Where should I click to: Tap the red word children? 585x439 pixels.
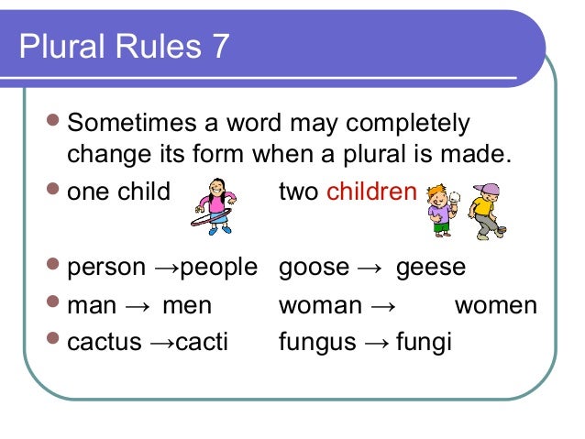pos(371,192)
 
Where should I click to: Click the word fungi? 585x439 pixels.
pos(424,342)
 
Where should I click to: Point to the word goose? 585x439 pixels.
pos(314,268)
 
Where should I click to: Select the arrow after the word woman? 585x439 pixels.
pos(383,305)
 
